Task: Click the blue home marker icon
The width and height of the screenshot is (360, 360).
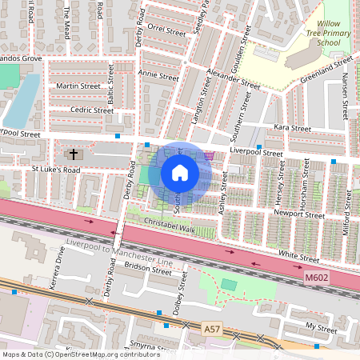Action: point(180,173)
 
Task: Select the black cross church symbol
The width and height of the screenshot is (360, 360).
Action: point(74,153)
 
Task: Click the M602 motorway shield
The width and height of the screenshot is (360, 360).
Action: point(317,277)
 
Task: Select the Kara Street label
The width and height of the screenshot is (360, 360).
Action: point(291,127)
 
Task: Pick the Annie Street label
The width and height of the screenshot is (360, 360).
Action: point(158,77)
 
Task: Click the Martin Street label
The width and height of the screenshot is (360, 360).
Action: point(78,86)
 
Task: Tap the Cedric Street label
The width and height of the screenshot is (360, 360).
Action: point(92,110)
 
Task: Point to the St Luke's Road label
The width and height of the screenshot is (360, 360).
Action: point(56,170)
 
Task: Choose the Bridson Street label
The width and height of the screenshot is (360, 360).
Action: point(150,271)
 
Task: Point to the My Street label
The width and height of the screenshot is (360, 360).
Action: point(322,326)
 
